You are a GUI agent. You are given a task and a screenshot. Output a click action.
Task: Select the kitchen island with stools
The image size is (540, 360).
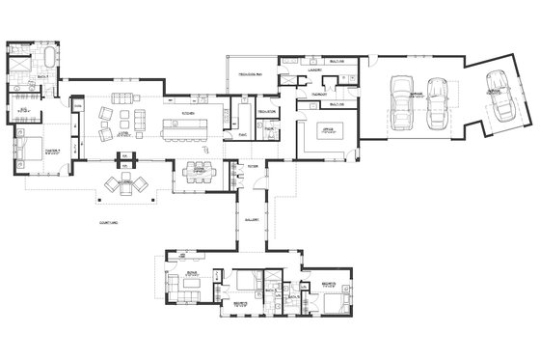tap(183, 125)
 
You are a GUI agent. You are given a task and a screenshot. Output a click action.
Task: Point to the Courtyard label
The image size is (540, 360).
tap(109, 222)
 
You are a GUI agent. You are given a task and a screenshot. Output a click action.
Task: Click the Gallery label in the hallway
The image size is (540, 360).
tap(253, 218)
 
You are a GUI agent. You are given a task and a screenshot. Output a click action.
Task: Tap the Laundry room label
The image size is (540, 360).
tap(314, 70)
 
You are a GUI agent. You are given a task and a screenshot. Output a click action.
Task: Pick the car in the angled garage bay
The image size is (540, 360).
tap(499, 94)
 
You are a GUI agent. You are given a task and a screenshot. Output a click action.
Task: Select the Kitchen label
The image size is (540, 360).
tap(188, 113)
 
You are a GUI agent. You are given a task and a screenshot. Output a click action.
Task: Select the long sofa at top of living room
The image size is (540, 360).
tap(123, 98)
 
